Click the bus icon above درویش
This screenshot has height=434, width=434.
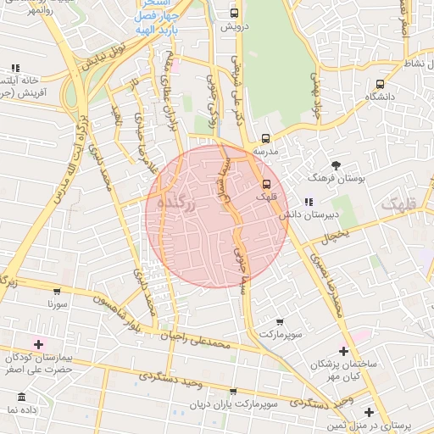[235, 13]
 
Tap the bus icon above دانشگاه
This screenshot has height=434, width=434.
[380, 84]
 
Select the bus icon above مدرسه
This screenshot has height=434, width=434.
[265, 138]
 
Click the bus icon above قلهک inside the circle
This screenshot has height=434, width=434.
[266, 183]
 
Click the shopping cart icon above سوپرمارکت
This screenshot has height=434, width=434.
[280, 321]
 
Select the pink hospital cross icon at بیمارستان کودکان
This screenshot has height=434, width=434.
[37, 343]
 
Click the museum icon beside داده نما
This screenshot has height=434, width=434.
[20, 397]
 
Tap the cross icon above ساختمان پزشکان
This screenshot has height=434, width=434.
[343, 351]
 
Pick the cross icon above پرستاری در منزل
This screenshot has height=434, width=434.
[369, 412]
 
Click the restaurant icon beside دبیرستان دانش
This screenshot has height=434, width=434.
[309, 201]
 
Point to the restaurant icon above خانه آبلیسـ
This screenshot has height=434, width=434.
[15, 68]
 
